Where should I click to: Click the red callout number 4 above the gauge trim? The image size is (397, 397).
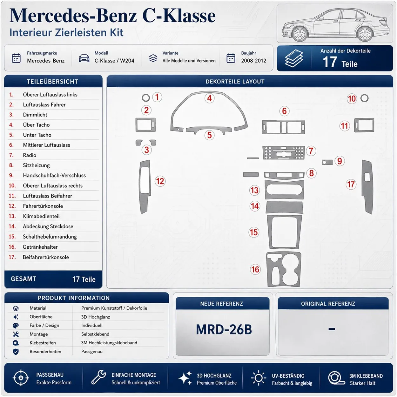pyautogui.click(x=209, y=98)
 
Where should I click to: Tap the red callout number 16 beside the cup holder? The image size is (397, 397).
pyautogui.click(x=255, y=269)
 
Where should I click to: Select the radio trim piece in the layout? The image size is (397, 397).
pyautogui.click(x=284, y=153)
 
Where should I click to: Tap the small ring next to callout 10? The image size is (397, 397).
pyautogui.click(x=364, y=98)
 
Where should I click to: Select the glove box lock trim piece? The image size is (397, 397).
pyautogui.click(x=327, y=162)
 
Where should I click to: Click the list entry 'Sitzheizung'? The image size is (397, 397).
pyautogui.click(x=36, y=165)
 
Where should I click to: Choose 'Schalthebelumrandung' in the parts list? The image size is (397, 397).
pyautogui.click(x=50, y=237)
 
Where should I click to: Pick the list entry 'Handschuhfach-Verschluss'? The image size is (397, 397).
pyautogui.click(x=54, y=175)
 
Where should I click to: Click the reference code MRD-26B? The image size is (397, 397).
pyautogui.click(x=224, y=329)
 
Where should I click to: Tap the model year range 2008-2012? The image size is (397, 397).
pyautogui.click(x=254, y=61)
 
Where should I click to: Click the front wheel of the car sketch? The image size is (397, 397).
pyautogui.click(x=300, y=34)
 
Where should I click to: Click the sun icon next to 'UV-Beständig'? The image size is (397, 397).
pyautogui.click(x=259, y=378)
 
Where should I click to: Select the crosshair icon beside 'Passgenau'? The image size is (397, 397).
pyautogui.click(x=21, y=378)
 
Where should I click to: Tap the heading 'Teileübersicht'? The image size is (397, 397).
pyautogui.click(x=52, y=82)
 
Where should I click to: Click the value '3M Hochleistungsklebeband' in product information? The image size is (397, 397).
pyautogui.click(x=109, y=343)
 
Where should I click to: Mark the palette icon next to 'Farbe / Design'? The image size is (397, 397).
pyautogui.click(x=16, y=326)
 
